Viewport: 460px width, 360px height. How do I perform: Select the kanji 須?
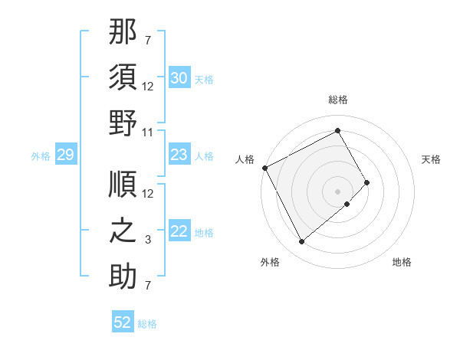click(123, 80)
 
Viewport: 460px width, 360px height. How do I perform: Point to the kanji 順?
click(123, 185)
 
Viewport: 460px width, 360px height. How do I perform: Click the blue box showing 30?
click(179, 78)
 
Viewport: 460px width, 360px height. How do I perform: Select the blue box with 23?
click(179, 155)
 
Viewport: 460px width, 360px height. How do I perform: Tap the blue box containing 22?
click(179, 231)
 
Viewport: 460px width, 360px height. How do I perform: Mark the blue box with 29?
click(65, 155)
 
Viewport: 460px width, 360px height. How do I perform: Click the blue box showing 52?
click(123, 322)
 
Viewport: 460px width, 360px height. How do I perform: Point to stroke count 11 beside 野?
click(148, 132)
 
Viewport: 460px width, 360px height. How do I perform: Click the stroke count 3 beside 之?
click(148, 239)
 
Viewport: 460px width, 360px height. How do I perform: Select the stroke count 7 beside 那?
click(148, 40)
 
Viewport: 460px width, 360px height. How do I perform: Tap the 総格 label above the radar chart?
click(338, 100)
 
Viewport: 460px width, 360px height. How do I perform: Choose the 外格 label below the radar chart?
click(270, 262)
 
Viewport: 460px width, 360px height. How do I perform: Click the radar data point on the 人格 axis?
click(264, 168)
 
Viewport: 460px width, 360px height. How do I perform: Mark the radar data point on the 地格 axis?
click(347, 204)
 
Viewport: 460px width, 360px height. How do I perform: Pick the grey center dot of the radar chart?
click(338, 191)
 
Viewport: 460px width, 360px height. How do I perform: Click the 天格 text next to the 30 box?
click(204, 80)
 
